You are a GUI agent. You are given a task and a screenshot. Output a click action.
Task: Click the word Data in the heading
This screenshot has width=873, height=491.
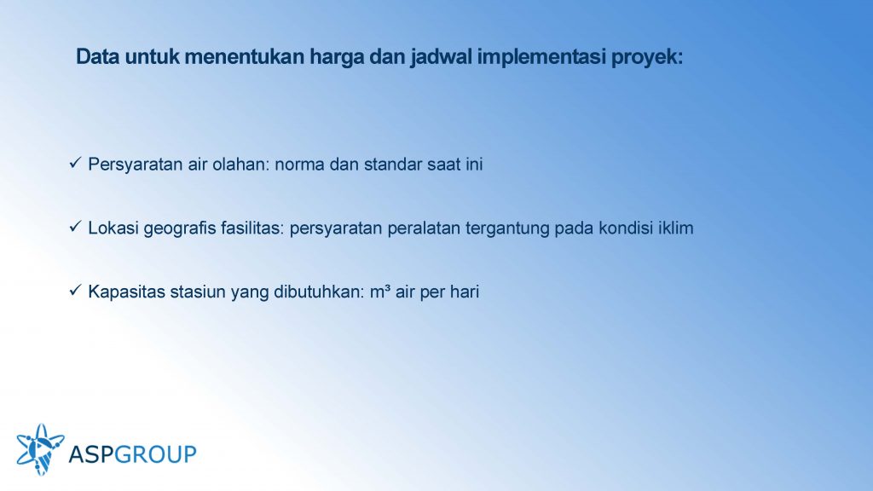(97, 57)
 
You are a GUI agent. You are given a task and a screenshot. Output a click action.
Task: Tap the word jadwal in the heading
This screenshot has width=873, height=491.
(441, 58)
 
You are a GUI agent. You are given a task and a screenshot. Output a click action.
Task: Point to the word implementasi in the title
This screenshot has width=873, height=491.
(541, 58)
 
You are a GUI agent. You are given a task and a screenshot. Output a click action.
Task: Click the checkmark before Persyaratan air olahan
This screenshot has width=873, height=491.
(75, 163)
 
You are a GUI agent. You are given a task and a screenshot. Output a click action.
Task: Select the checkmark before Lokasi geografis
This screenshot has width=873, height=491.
(75, 227)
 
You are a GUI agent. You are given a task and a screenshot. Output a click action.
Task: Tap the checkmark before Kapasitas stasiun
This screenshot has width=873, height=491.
(75, 290)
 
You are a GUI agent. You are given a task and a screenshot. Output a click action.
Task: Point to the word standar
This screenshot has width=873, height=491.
(393, 165)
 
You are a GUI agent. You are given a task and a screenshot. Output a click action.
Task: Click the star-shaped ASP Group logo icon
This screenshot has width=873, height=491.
(40, 449)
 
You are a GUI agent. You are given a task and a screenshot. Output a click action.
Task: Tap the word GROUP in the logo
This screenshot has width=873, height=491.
(156, 454)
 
